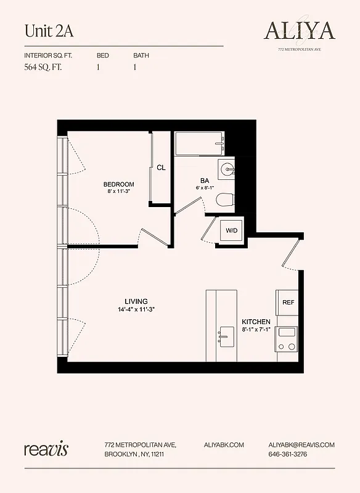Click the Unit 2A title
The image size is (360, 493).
coord(44,30)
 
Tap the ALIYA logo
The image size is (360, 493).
coord(300,30)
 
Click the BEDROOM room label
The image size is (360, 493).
coord(118,184)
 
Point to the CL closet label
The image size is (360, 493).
coord(161,167)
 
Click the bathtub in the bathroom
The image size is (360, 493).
coord(199,145)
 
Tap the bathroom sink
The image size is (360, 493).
coord(226,167)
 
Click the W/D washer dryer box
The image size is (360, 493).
coord(231,230)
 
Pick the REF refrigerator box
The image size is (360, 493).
coord(288,303)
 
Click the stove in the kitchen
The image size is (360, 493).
coord(287,338)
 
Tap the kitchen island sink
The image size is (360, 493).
coord(226,337)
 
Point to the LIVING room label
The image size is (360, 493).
coord(136,301)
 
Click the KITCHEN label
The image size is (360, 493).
coord(256,322)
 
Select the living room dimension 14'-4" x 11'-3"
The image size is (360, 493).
coord(136,309)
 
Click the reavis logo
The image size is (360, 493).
coord(46,449)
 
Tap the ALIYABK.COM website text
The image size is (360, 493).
coord(224,444)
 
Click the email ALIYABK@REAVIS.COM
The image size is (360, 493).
coord(301,444)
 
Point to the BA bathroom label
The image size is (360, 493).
coord(204,181)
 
